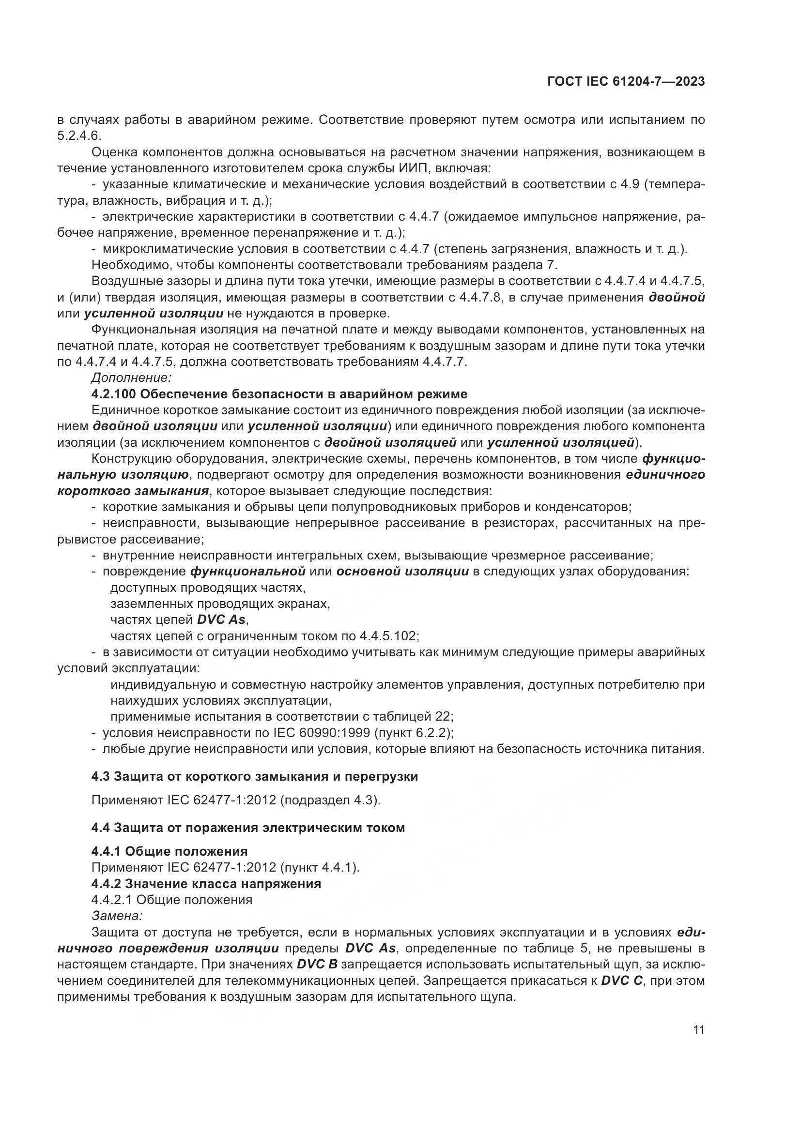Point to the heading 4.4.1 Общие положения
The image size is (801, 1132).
(169, 851)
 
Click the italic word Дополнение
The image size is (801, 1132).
(131, 377)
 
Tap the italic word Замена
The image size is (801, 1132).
(117, 916)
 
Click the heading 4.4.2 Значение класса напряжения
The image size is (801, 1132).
(206, 884)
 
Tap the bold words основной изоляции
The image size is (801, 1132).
(402, 572)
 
